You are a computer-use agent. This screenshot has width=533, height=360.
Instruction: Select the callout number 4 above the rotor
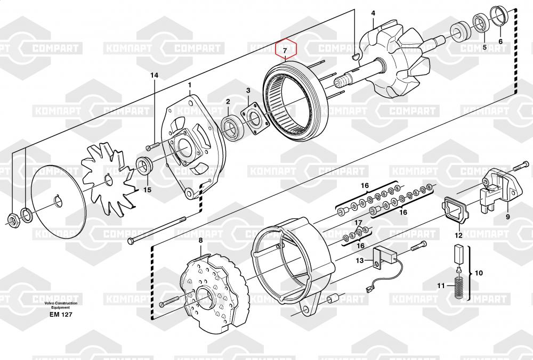(373, 13)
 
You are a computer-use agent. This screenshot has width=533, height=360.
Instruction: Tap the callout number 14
(155, 76)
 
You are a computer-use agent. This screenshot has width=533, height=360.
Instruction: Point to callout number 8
(200, 241)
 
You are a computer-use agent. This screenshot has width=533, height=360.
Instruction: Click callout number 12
(458, 235)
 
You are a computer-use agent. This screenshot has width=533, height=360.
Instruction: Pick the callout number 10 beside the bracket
(479, 273)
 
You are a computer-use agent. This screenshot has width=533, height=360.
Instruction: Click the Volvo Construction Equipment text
(61, 305)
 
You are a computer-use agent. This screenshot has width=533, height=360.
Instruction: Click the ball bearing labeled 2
(232, 126)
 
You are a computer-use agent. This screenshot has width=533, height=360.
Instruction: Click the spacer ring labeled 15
(144, 166)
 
